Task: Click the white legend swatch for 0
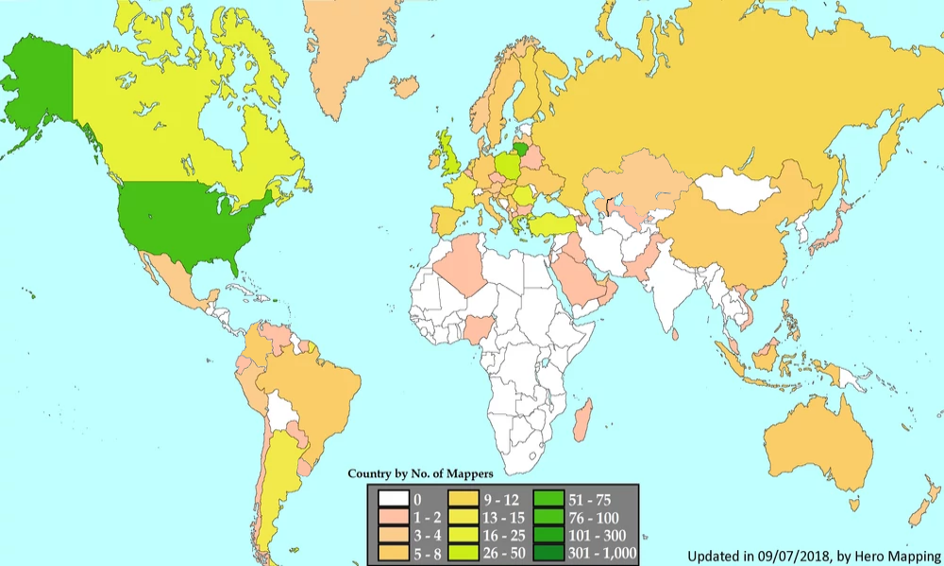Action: pos(394,500)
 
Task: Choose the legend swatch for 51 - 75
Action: pos(548,500)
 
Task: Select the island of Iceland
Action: pos(405,88)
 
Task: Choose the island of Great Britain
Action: pos(451,156)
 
